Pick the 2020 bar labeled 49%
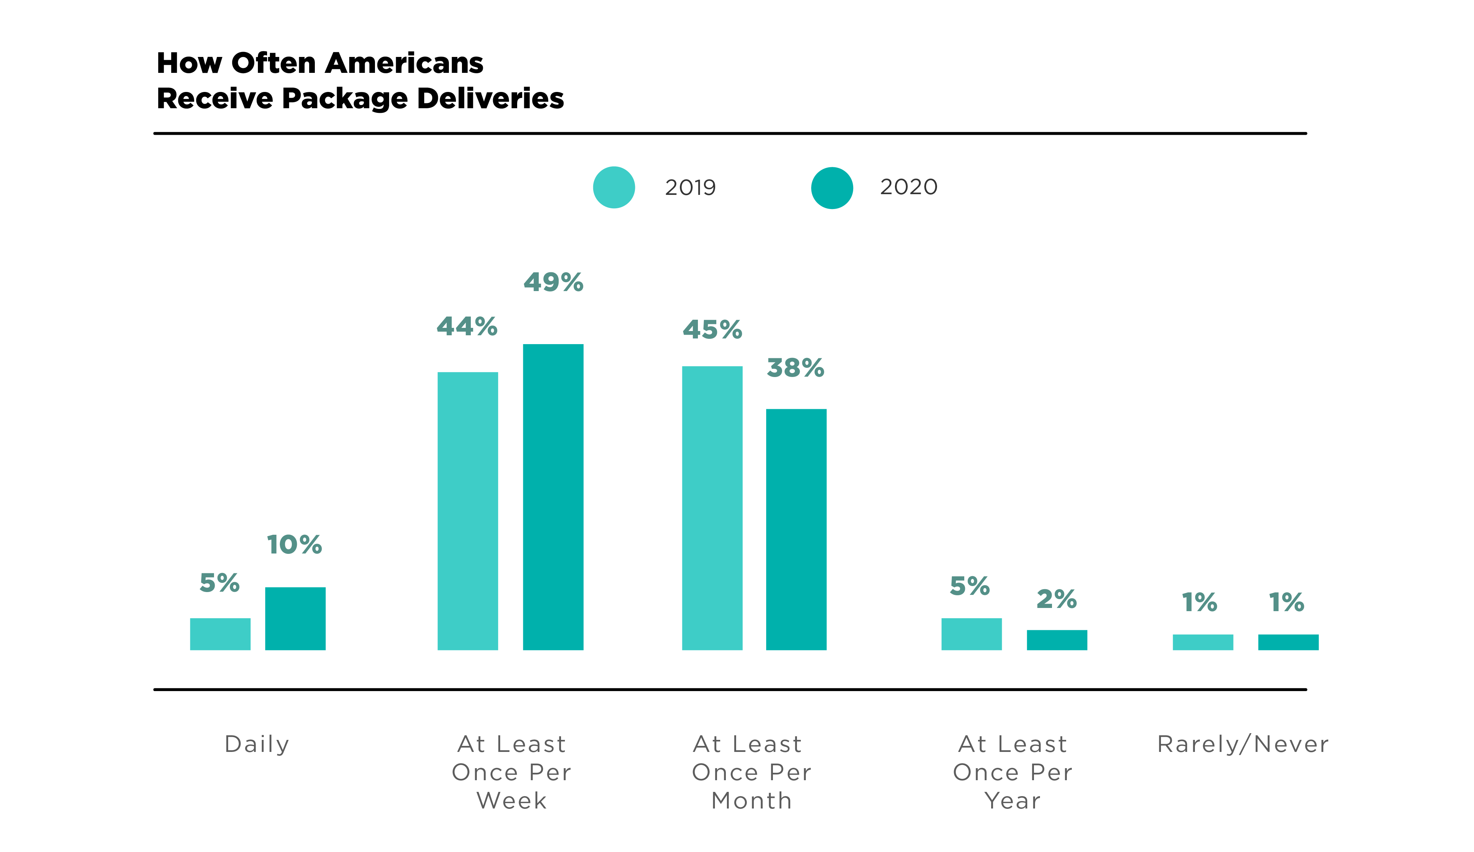pos(553,497)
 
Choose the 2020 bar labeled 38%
pos(796,529)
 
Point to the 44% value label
pos(467,326)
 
